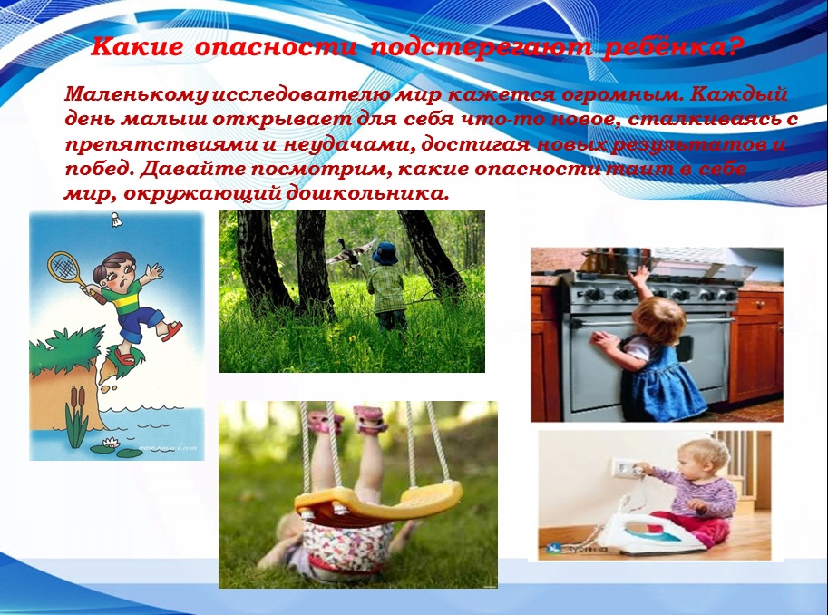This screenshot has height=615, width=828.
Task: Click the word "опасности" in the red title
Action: tap(276, 48)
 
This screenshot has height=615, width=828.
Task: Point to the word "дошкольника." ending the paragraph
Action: tap(367, 193)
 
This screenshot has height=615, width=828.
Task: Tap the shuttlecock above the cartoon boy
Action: tap(117, 220)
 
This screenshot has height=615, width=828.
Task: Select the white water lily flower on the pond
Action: tap(111, 443)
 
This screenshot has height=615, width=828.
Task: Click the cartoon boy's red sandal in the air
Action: tap(171, 330)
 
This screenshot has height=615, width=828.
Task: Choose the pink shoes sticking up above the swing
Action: tap(348, 419)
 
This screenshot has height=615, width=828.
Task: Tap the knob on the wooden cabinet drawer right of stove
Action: tap(760, 306)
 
